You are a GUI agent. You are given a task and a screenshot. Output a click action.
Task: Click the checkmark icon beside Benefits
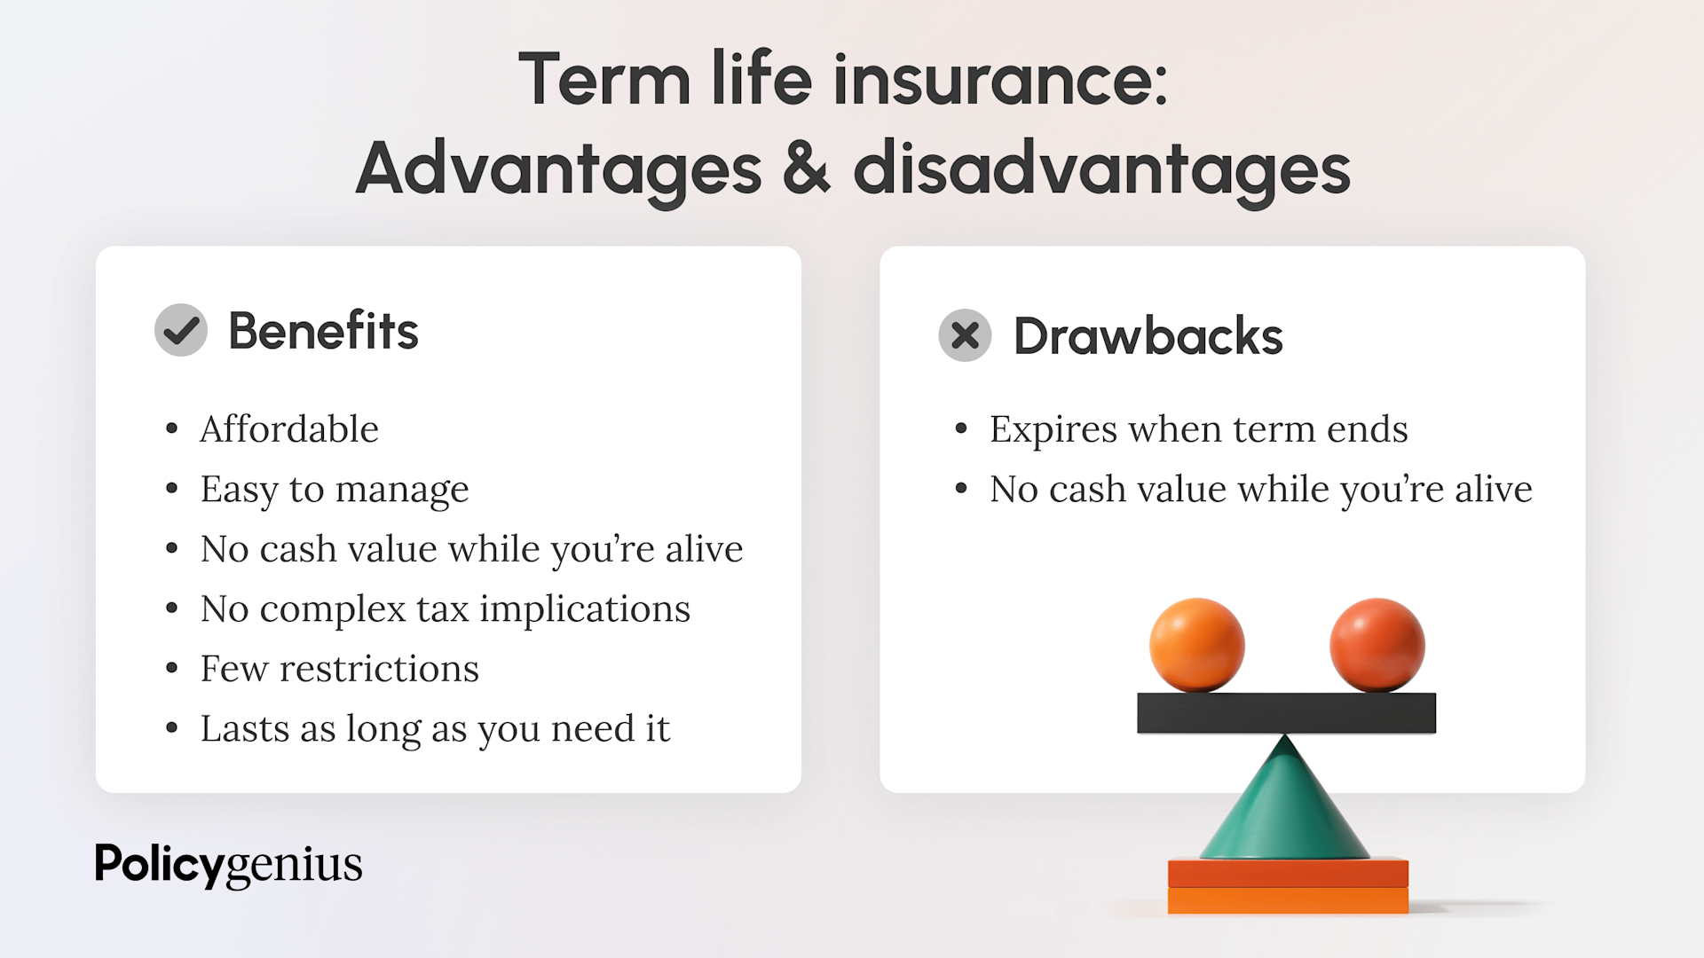[x=181, y=330]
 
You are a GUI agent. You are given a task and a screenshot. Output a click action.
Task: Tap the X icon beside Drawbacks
[x=965, y=335]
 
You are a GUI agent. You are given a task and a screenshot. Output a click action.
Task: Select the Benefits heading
[x=323, y=331]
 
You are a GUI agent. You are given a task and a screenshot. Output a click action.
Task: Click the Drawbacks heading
[x=1148, y=336]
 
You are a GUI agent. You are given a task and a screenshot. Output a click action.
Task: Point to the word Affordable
[x=289, y=429]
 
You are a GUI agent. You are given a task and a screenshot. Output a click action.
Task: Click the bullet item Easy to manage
[x=335, y=490]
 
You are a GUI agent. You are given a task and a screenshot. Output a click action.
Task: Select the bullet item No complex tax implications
[x=446, y=609]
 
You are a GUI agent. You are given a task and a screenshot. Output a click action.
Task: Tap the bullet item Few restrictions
[x=340, y=669]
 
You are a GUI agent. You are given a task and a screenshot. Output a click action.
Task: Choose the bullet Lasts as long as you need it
[x=435, y=729]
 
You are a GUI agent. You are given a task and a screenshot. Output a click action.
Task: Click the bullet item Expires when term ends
[x=1199, y=429]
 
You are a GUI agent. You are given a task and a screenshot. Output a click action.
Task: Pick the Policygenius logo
[x=228, y=865]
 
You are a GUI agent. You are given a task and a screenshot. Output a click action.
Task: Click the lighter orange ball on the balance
[x=1196, y=645]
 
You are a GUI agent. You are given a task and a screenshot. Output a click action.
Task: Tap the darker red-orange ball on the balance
[x=1377, y=645]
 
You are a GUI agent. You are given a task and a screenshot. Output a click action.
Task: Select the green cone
[x=1284, y=807]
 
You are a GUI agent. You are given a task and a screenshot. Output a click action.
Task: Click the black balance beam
[x=1286, y=713]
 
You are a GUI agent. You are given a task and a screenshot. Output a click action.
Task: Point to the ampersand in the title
[x=807, y=169]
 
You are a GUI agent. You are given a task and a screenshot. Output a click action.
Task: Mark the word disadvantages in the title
[x=1101, y=169]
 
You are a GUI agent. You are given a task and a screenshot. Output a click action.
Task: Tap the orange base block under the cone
[x=1288, y=886]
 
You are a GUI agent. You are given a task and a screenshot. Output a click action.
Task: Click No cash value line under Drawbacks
[x=1261, y=490]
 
